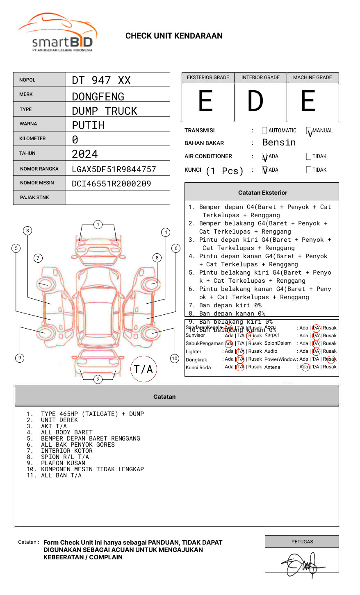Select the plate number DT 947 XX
tap(101, 80)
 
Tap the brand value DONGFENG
tap(98, 97)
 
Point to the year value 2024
tap(85, 154)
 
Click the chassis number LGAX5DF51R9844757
tap(114, 169)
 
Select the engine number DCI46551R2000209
tap(112, 184)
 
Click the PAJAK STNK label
tap(34, 198)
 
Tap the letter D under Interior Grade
tap(255, 101)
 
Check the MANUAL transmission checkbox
tap(309, 131)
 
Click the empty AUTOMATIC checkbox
tap(264, 131)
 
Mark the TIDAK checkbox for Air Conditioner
tap(309, 157)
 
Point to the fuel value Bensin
tap(279, 143)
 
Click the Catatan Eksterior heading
tap(262, 193)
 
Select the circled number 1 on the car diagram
tap(98, 225)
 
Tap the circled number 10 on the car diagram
tap(175, 359)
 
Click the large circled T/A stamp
tap(144, 369)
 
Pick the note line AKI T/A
tap(54, 426)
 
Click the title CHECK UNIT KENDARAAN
tap(174, 36)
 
